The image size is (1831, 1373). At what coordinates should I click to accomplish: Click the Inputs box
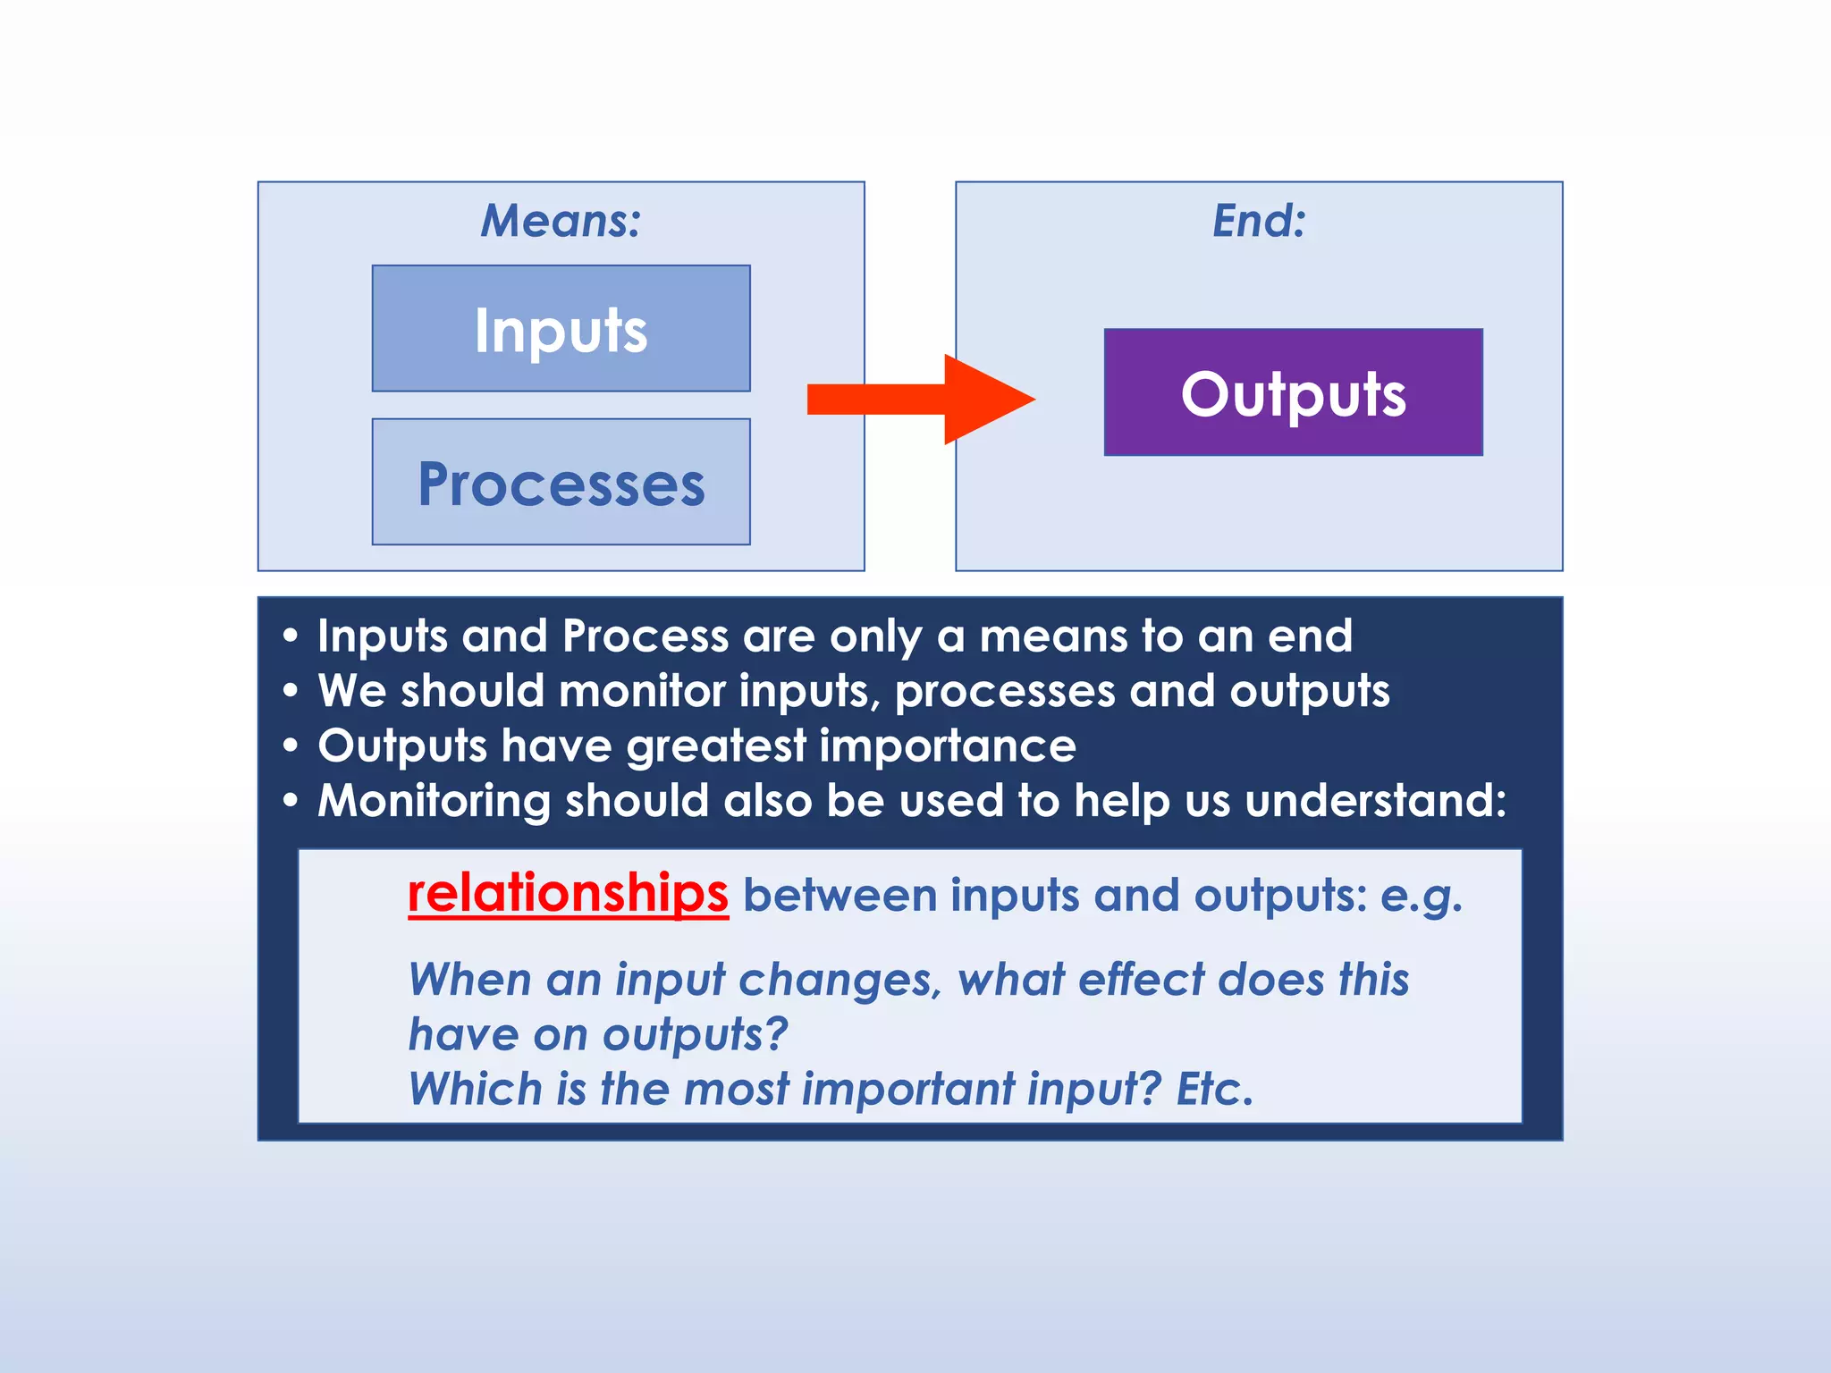[561, 329]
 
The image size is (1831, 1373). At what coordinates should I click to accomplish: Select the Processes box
[561, 483]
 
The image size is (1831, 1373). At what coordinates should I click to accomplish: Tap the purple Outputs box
[1293, 392]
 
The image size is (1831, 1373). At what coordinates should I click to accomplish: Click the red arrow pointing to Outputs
[921, 399]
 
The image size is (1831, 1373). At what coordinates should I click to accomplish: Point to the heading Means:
[561, 221]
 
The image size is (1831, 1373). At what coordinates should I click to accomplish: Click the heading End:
[1259, 221]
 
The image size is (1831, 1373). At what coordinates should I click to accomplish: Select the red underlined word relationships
[568, 894]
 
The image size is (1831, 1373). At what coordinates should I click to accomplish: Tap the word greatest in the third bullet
[716, 746]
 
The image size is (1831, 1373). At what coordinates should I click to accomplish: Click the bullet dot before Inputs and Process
[290, 637]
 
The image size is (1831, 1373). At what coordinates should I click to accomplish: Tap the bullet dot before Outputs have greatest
[290, 746]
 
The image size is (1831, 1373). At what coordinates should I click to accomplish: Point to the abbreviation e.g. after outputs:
[1421, 897]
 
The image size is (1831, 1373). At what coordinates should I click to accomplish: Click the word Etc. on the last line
[1214, 1090]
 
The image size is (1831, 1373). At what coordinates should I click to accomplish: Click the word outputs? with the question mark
[695, 1035]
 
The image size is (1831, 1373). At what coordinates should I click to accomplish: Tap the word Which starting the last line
[475, 1090]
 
